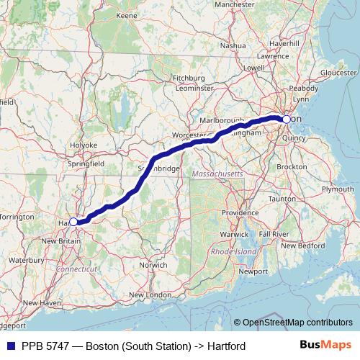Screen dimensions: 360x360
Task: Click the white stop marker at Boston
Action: point(287,119)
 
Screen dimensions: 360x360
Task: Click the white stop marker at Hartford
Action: point(73,222)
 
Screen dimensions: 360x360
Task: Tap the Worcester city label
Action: point(186,135)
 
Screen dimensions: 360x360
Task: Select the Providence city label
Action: point(240,213)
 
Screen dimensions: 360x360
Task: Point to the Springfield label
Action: point(86,164)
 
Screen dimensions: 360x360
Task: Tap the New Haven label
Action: point(41,303)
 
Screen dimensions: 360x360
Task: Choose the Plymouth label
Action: point(338,189)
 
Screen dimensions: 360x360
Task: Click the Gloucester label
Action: point(338,73)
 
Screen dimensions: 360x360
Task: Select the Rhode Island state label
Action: point(233,251)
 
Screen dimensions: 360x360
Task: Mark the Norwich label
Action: point(153,265)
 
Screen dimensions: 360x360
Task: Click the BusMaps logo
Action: point(325,346)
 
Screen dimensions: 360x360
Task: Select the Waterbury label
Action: point(27,259)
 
